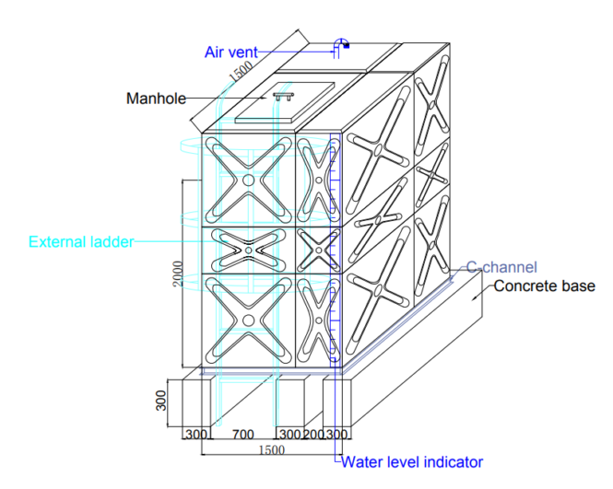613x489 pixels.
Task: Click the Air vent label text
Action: coord(230,52)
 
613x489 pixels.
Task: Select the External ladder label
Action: coord(81,242)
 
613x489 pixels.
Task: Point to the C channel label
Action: coord(501,267)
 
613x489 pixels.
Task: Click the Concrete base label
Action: coord(544,285)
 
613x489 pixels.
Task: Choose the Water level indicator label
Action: coord(411,462)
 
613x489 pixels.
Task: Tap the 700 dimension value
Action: coord(242,434)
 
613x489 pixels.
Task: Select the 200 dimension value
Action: coord(313,434)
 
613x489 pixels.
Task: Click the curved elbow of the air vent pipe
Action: coord(342,43)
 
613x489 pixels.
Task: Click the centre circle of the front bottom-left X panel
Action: coord(249,320)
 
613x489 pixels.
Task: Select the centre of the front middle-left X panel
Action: coord(249,250)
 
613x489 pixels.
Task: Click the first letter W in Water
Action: coord(348,462)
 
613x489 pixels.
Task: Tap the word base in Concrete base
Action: coord(577,285)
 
